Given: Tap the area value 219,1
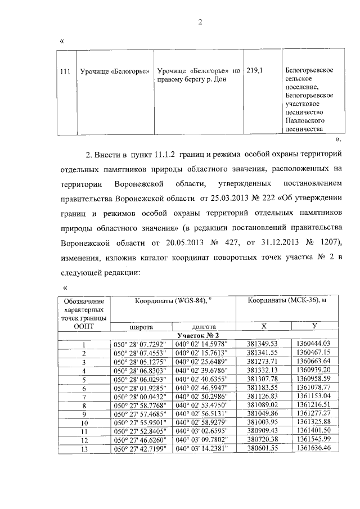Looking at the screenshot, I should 254,70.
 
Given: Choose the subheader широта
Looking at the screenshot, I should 141,326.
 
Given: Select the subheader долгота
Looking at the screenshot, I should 200,326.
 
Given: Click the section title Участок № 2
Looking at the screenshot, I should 200,335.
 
